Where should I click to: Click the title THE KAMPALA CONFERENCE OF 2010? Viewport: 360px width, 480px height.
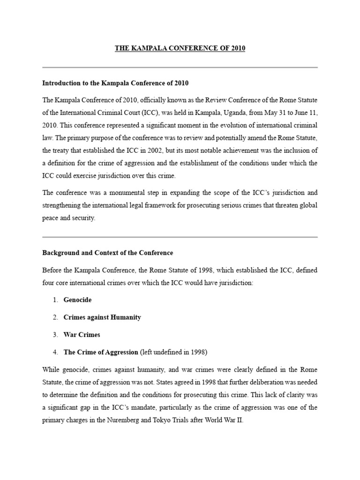180,49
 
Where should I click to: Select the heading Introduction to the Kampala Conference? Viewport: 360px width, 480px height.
115,83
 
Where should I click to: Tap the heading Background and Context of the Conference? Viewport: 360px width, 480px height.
108,253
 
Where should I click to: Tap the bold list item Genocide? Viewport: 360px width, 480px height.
78,300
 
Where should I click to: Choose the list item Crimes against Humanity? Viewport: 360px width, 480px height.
102,317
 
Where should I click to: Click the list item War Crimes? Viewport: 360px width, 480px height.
82,335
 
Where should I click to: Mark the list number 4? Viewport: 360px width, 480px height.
55,352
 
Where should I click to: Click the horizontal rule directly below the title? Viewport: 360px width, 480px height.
180,67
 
